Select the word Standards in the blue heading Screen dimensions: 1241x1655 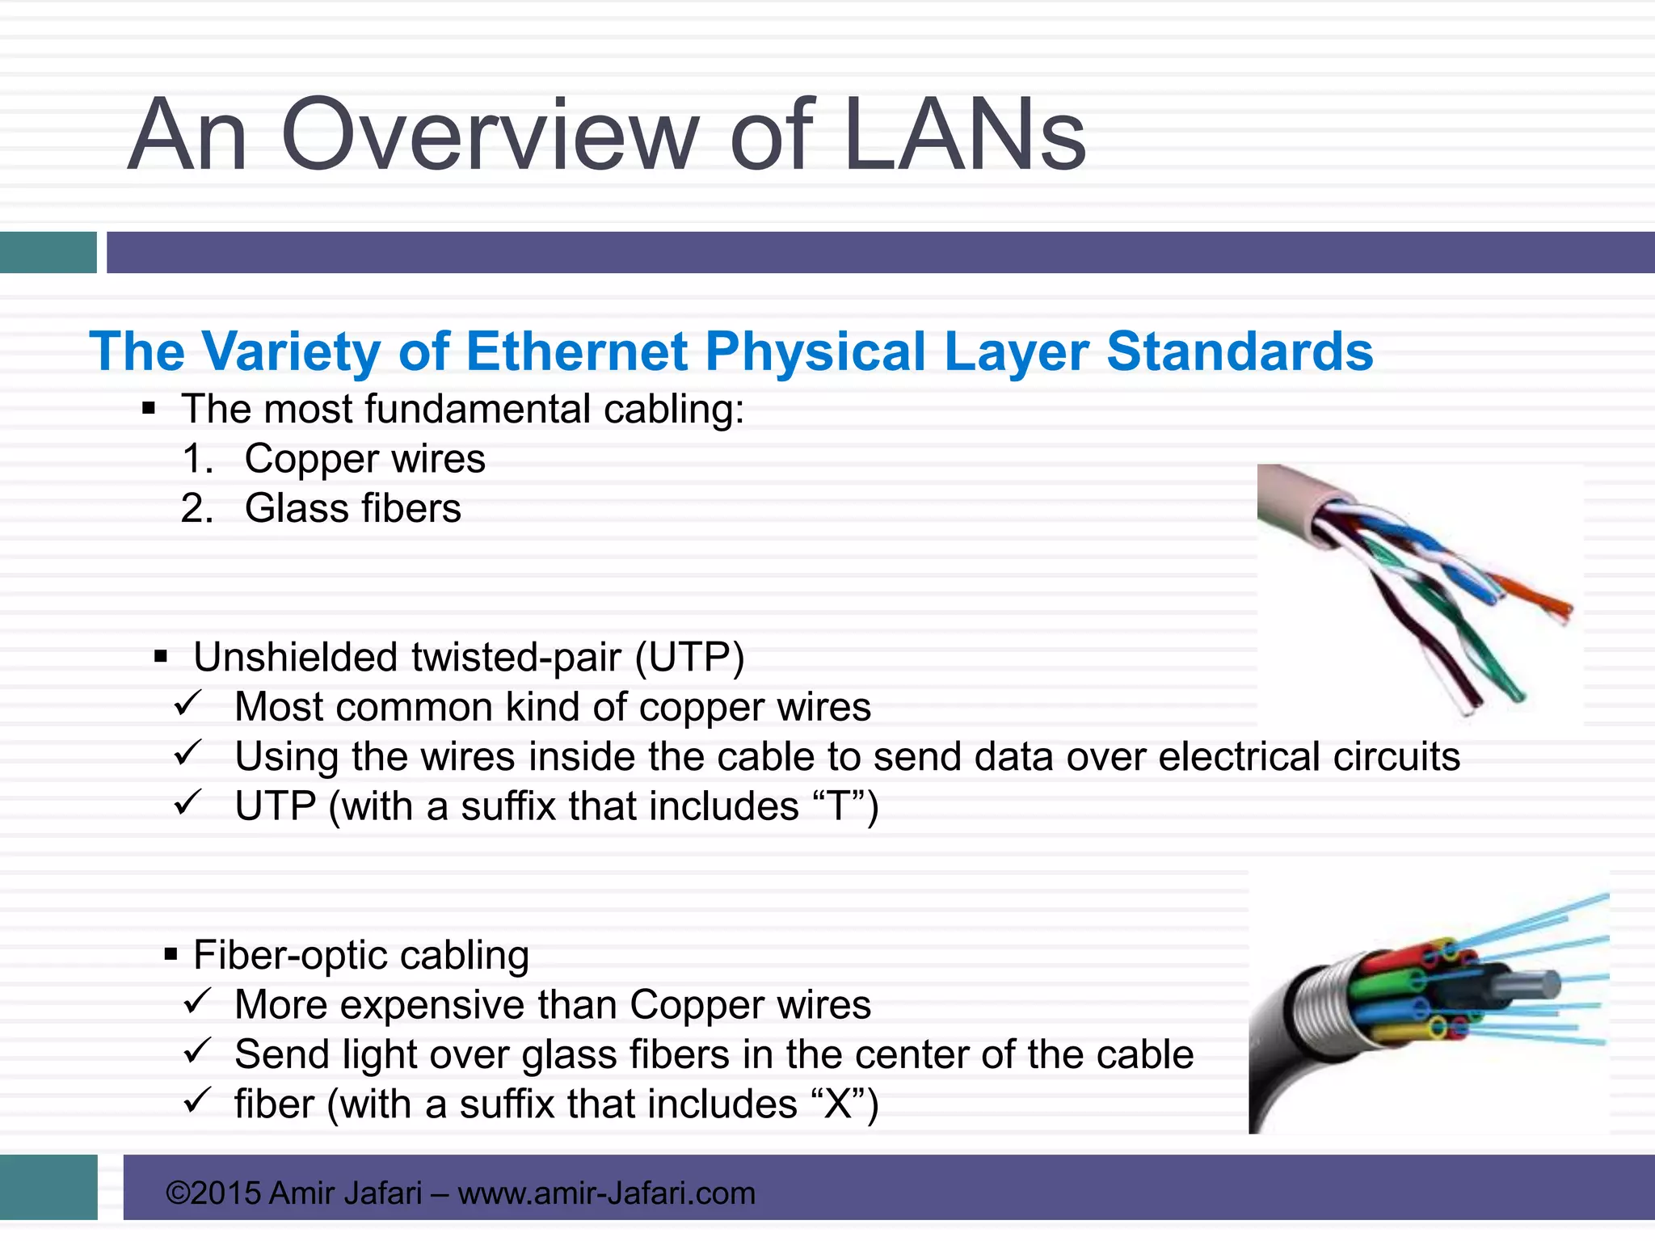point(1240,351)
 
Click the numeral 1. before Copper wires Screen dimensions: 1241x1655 point(197,459)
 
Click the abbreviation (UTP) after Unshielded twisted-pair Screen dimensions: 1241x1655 point(689,657)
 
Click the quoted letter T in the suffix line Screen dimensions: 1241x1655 point(839,806)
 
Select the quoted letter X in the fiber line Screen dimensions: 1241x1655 point(838,1104)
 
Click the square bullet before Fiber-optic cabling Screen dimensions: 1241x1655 point(171,955)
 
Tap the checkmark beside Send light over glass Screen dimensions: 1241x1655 point(196,1053)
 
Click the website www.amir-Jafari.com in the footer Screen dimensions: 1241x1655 point(606,1193)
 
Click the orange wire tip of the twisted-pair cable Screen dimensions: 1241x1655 point(1539,599)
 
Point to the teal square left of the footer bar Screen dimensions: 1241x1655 point(48,1187)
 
